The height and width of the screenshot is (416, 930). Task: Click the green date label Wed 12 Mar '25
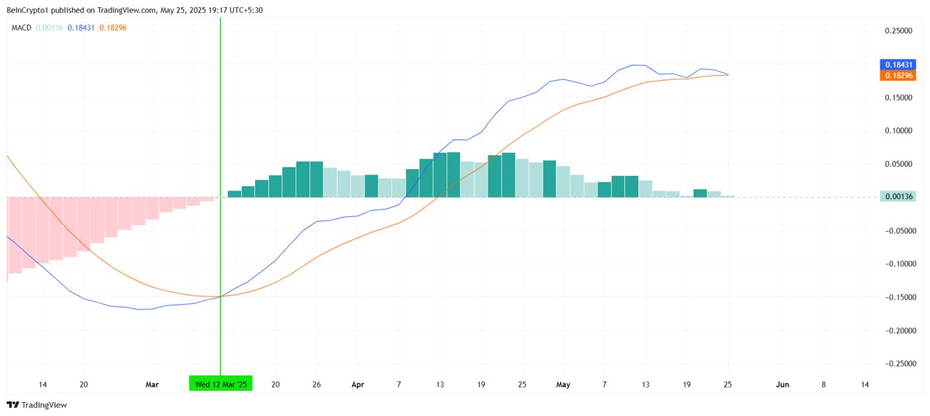click(x=221, y=384)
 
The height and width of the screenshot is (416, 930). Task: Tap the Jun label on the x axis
click(x=783, y=384)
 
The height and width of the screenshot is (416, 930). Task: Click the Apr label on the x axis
click(x=358, y=384)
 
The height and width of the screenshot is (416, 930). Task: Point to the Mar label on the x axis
click(x=152, y=384)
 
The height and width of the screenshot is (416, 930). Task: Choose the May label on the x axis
click(x=563, y=384)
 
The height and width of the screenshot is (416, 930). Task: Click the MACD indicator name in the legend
click(x=21, y=27)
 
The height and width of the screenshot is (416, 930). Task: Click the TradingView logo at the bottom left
click(x=37, y=405)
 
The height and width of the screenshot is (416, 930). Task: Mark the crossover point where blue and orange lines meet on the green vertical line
click(x=221, y=297)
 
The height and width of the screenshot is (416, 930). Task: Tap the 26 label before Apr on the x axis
click(x=316, y=384)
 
